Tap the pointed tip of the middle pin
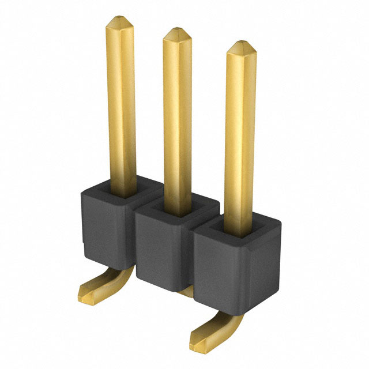(177, 33)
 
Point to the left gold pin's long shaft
(121, 104)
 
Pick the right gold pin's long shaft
(240, 138)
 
